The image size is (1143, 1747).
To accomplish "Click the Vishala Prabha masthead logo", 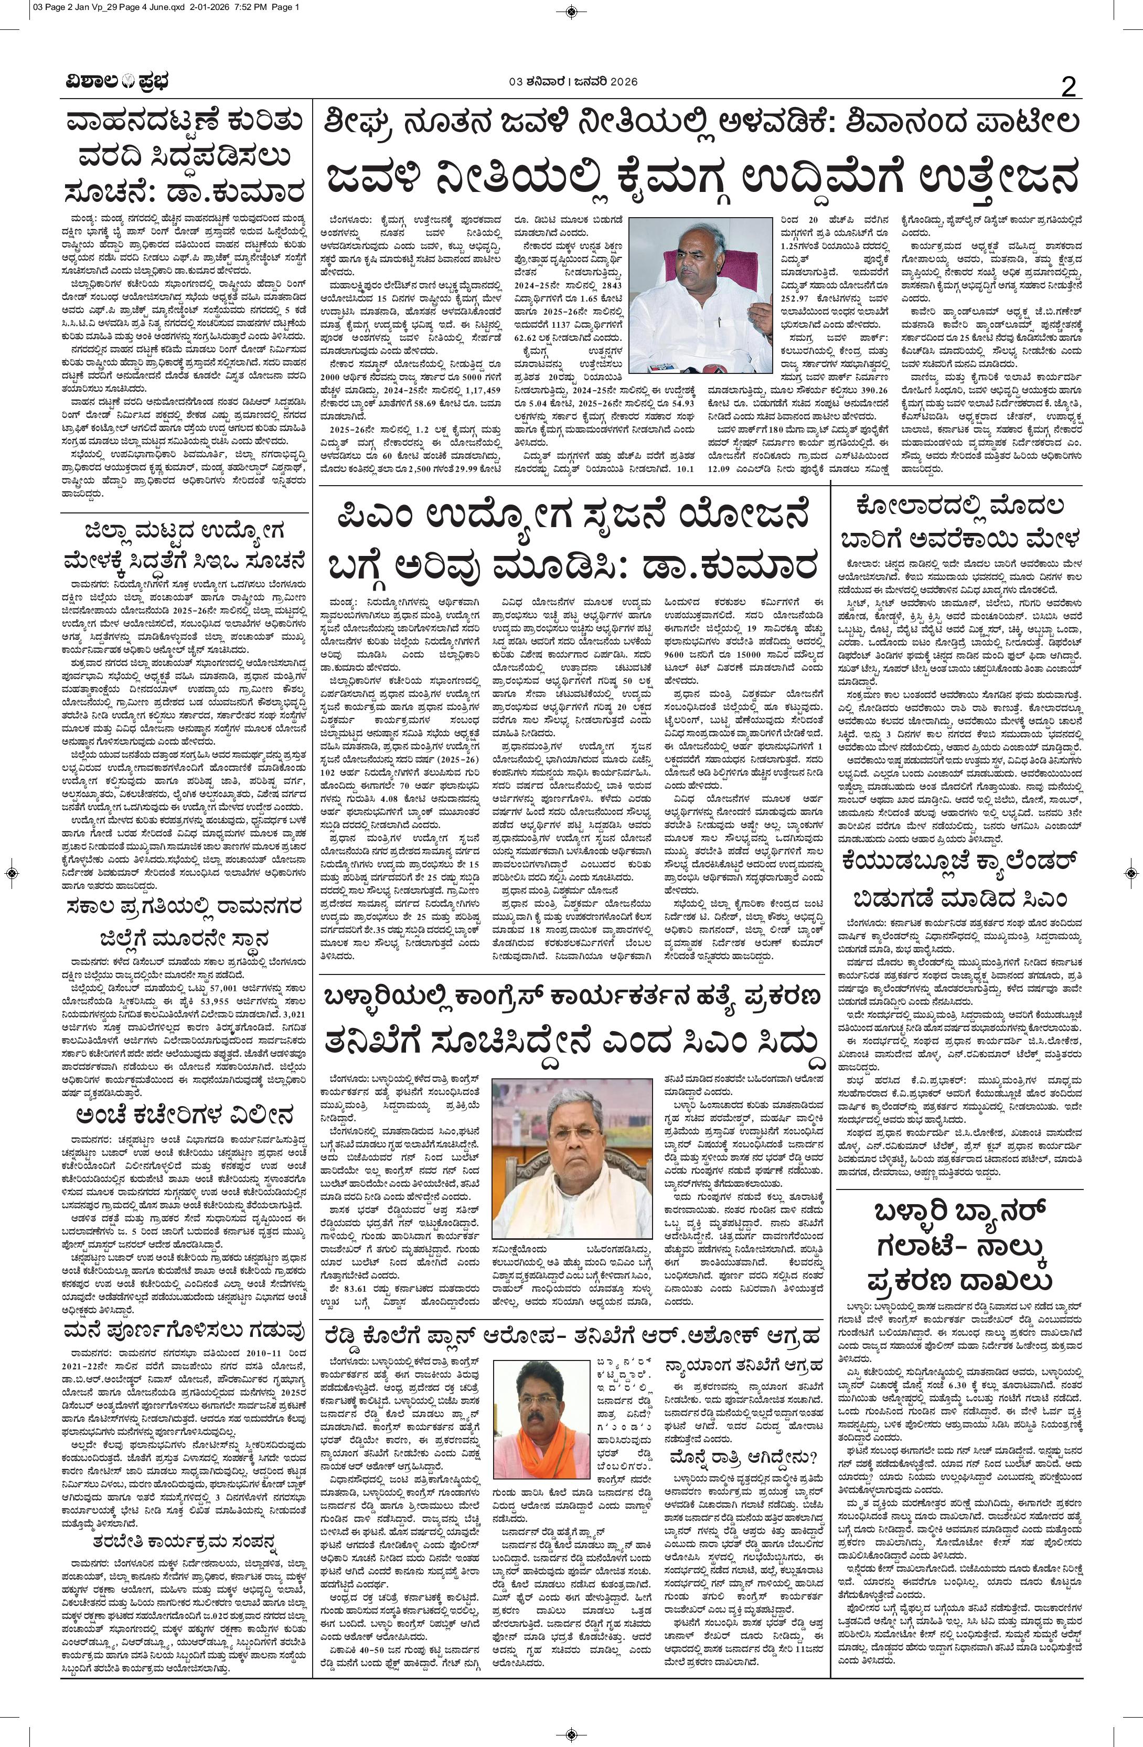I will click(x=114, y=82).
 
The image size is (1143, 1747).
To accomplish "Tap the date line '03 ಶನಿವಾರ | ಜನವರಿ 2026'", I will click(x=572, y=81).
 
